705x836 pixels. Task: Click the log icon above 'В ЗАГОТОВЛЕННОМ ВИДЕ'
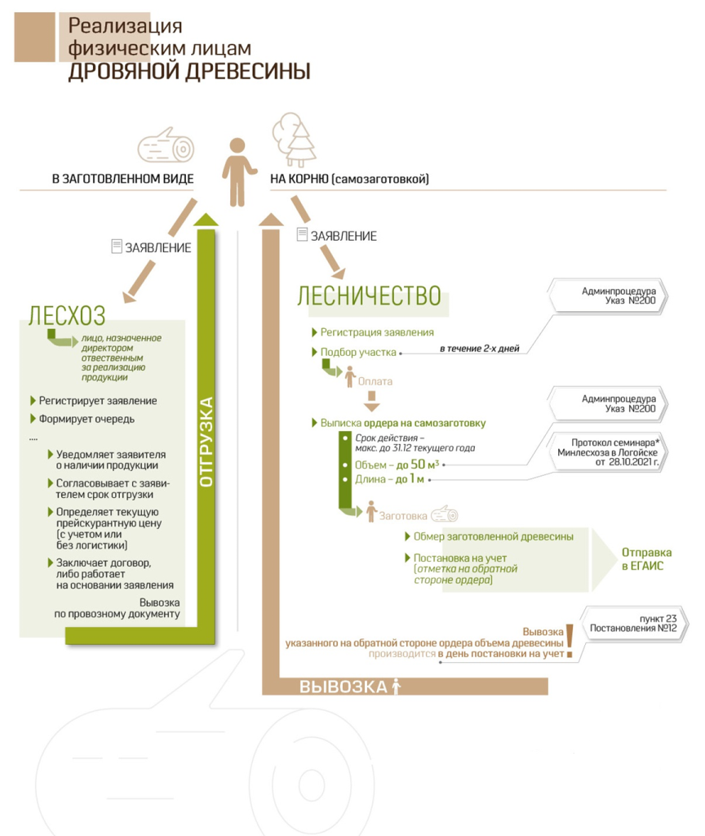(166, 147)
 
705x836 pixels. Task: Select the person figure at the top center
(237, 171)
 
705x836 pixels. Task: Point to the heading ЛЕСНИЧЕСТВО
(369, 297)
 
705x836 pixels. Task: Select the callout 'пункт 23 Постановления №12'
(632, 626)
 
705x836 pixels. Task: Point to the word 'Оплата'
(376, 381)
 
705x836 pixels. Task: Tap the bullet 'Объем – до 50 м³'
(395, 464)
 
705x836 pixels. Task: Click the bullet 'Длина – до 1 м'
(390, 478)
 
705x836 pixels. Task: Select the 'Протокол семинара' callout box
(608, 451)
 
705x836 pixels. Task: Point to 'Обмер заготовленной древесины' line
(493, 536)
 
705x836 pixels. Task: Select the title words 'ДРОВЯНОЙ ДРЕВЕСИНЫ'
(188, 71)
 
